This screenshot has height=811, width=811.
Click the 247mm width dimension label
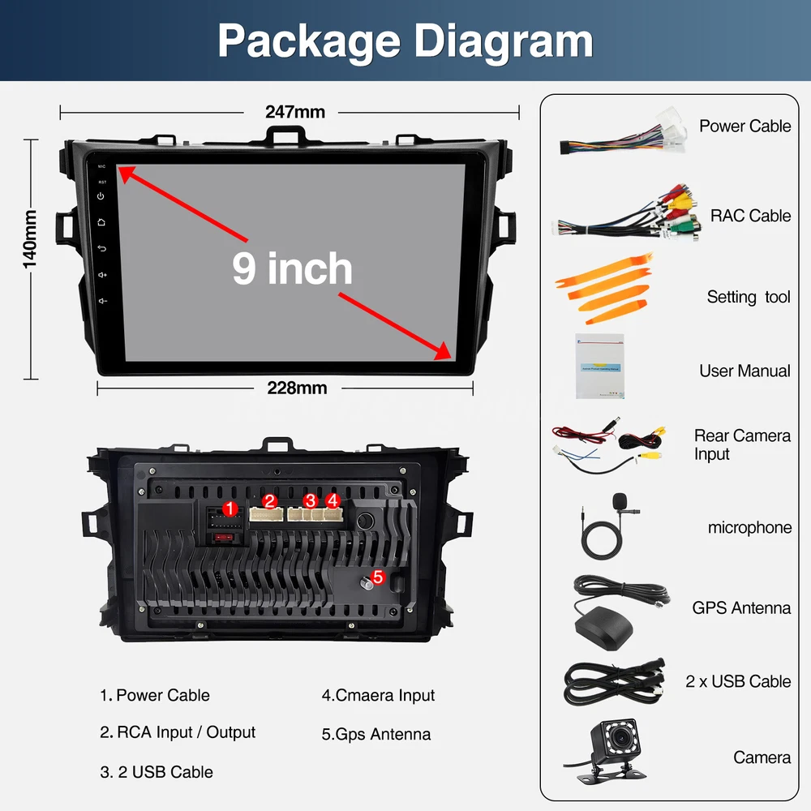tap(295, 112)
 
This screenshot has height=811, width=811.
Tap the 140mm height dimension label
tap(30, 239)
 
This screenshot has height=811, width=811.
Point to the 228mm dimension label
tap(297, 388)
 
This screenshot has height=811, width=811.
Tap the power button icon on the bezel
tap(101, 196)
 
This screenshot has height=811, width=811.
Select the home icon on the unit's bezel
tap(101, 222)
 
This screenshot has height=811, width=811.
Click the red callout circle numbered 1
tap(230, 509)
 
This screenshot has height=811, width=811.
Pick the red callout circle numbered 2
tap(269, 500)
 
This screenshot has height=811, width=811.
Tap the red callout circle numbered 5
tap(378, 577)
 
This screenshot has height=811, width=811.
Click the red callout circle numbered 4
tap(333, 500)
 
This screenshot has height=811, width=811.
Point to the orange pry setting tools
tap(603, 288)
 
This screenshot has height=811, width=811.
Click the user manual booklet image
tap(599, 367)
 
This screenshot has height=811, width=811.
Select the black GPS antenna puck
tap(603, 628)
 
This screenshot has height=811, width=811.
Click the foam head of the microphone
tap(619, 500)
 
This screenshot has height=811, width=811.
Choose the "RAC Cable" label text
tap(750, 216)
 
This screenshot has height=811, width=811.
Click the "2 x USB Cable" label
tap(738, 681)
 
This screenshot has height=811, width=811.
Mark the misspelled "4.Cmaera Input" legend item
tap(378, 695)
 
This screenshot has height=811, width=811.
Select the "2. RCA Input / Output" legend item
tap(178, 732)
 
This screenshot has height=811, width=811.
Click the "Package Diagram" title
tap(405, 41)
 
